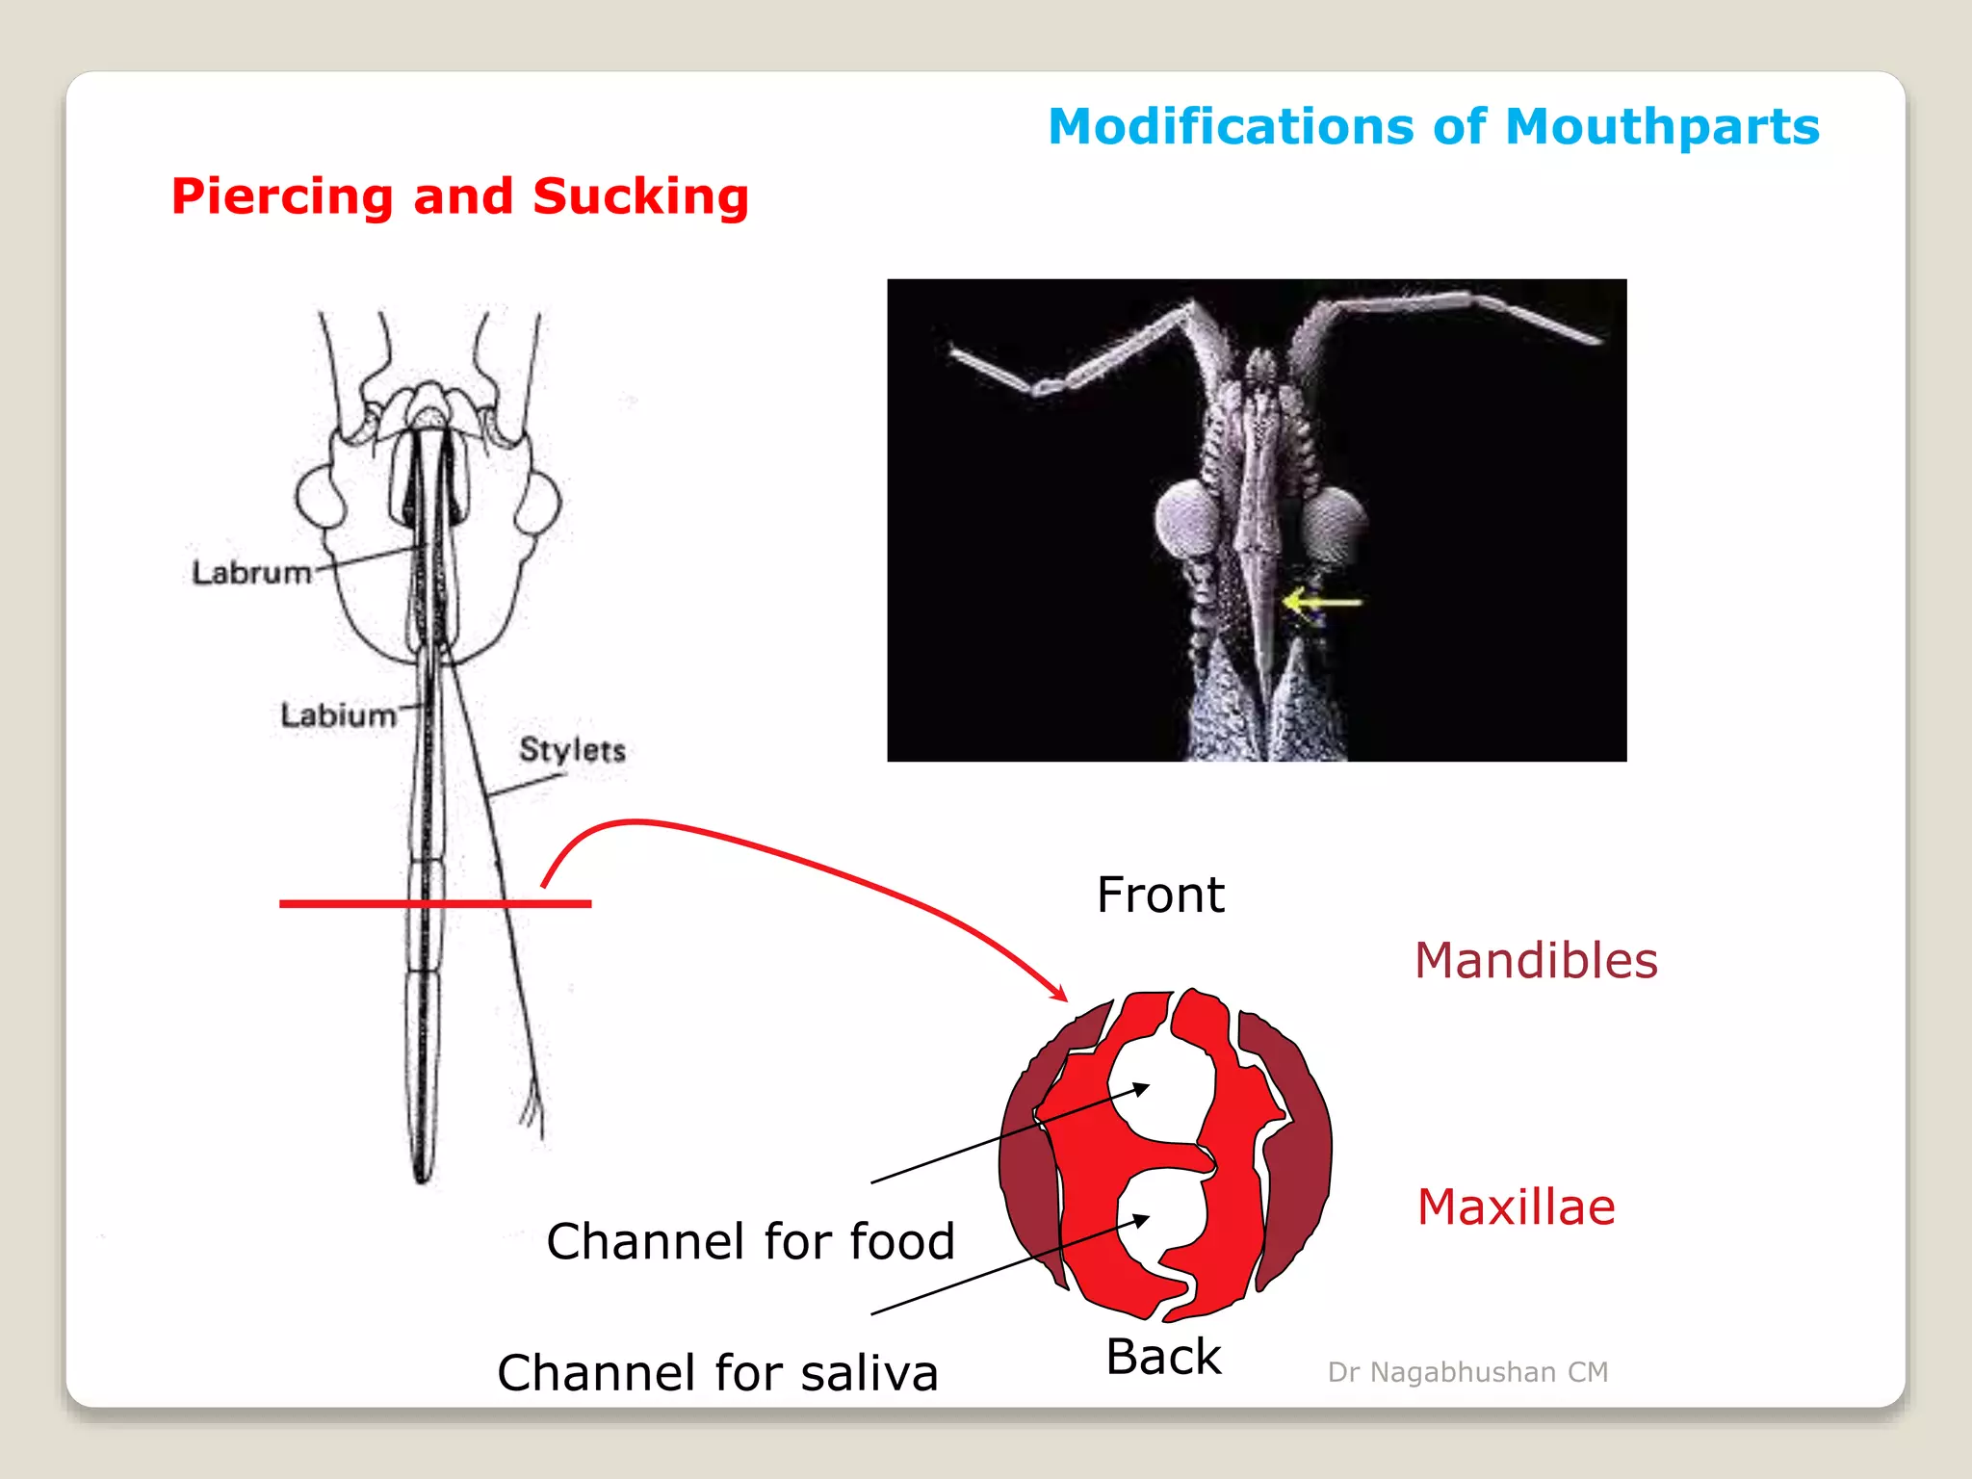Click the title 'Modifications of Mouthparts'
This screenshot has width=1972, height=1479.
[x=1433, y=127]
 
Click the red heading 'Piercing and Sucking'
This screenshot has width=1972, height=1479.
[x=459, y=196]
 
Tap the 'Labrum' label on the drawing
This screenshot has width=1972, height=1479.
[x=251, y=573]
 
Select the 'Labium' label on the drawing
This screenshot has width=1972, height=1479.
[x=338, y=715]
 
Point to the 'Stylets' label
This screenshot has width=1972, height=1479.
[x=572, y=750]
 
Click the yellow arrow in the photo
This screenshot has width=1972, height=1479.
[x=1321, y=604]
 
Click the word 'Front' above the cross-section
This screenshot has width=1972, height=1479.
[x=1160, y=895]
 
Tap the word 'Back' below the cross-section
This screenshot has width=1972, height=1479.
[x=1163, y=1358]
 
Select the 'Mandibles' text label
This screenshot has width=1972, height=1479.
[x=1536, y=961]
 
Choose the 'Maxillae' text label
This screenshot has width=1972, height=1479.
[x=1516, y=1207]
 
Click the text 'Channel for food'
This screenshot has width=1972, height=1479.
[x=750, y=1241]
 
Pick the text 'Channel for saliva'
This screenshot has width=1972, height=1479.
[x=717, y=1373]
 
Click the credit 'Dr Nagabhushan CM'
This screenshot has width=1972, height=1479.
[x=1467, y=1372]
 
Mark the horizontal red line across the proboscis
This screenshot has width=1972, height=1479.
[x=435, y=904]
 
